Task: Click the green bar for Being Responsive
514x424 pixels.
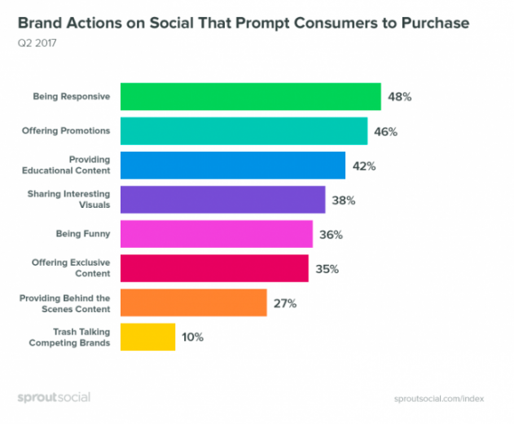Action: (250, 96)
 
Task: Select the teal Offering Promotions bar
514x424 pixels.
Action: (244, 130)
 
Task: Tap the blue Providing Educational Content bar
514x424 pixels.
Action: (232, 165)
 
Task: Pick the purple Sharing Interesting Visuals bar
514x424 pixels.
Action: (222, 199)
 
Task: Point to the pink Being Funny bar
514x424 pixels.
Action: (217, 234)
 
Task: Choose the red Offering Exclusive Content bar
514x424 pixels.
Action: (214, 268)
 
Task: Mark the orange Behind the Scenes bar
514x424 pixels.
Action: (193, 303)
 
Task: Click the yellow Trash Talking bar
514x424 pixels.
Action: (147, 337)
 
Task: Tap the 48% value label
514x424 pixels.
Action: (399, 97)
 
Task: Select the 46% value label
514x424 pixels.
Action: (384, 131)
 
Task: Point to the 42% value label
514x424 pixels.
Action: (363, 166)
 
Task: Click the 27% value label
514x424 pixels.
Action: (285, 303)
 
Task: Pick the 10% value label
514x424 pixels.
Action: (193, 338)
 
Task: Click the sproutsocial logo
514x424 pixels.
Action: (55, 398)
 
